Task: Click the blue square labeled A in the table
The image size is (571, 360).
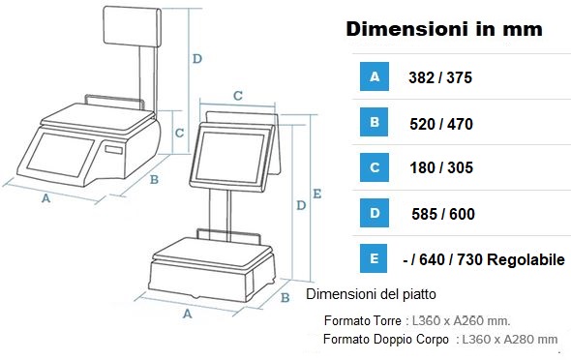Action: (375, 76)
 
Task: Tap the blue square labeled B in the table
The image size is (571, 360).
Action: (375, 122)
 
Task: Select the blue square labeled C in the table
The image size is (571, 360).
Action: (375, 167)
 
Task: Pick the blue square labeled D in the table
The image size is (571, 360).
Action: (375, 213)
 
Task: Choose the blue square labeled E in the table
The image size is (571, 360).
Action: (374, 258)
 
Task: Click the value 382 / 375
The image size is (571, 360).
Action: (440, 77)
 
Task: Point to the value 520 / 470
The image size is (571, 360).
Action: (441, 124)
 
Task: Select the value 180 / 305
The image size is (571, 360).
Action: (441, 167)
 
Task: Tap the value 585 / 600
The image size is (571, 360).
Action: (443, 214)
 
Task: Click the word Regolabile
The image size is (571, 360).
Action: (526, 260)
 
